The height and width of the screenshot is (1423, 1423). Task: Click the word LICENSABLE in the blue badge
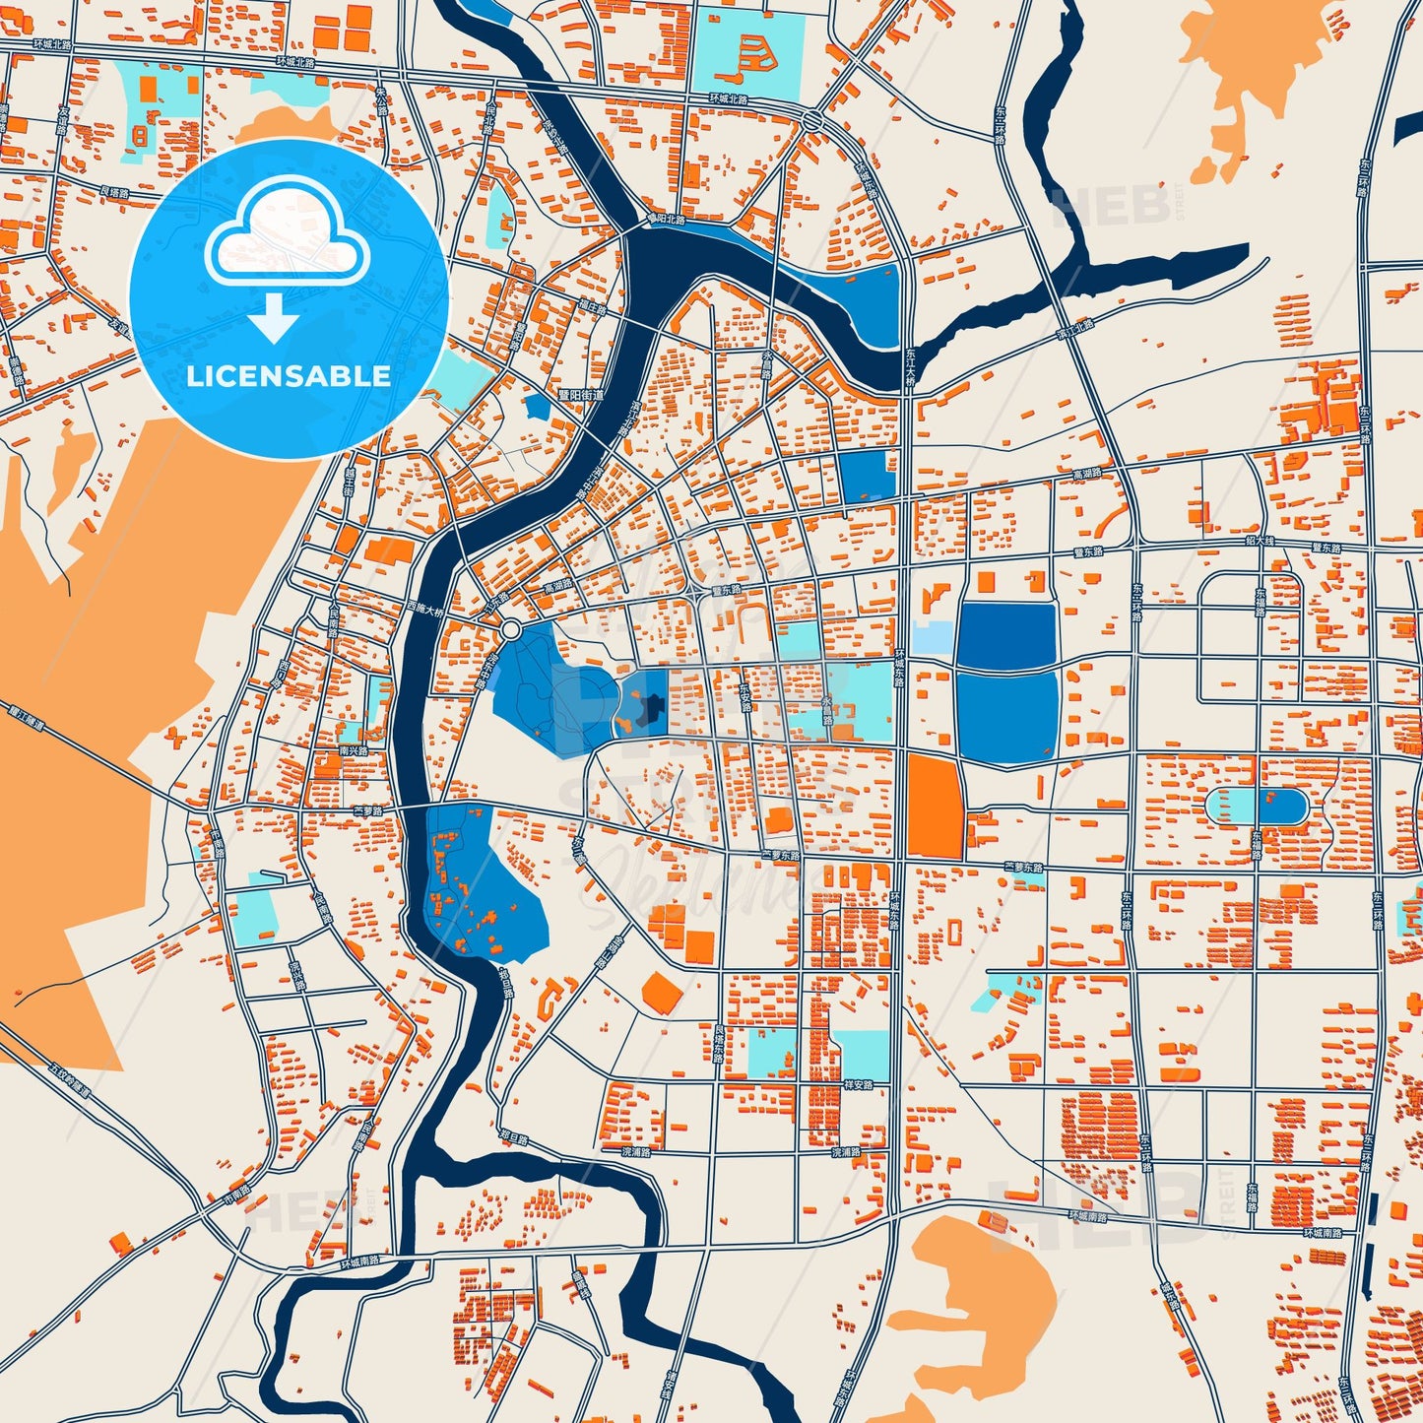[289, 376]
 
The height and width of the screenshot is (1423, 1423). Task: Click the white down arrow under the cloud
[275, 318]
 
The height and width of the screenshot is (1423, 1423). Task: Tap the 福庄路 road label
[593, 308]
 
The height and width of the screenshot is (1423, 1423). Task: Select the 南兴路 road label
[353, 750]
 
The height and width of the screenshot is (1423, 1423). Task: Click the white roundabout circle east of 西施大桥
[510, 629]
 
